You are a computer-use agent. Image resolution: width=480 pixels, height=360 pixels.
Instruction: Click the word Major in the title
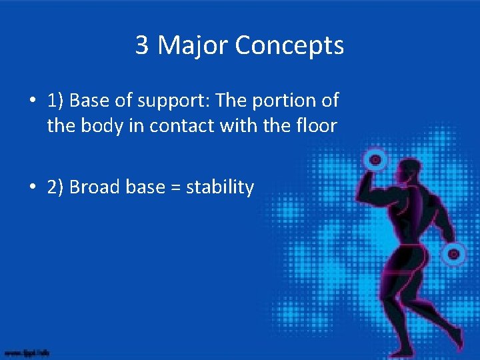coord(193,45)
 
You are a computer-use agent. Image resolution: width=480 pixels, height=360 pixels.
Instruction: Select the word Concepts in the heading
coord(289,45)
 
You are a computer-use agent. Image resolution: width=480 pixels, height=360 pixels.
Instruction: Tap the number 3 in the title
coord(142,45)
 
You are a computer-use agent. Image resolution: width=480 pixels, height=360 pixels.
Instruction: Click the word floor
coord(313,125)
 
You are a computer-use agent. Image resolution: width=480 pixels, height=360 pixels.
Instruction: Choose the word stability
coord(220,187)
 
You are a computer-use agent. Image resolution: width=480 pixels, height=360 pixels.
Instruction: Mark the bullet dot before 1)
coord(32,101)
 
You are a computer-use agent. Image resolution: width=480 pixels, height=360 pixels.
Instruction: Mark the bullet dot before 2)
coord(32,188)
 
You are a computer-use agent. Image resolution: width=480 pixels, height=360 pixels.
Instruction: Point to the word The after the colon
coord(232,101)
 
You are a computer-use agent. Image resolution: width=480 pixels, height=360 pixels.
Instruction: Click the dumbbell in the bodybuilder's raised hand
coord(375,159)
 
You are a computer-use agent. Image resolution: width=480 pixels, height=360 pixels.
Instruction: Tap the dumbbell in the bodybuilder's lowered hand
coord(454,253)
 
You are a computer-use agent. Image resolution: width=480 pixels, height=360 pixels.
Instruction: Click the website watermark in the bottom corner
coord(27,351)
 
